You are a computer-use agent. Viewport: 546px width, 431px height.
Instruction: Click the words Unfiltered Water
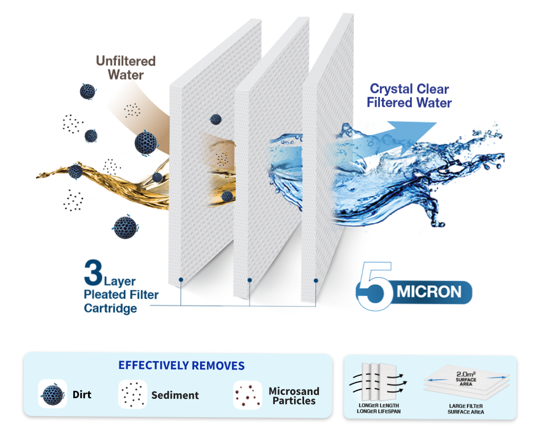point(125,67)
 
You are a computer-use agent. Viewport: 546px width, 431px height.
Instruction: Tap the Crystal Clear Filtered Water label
point(409,95)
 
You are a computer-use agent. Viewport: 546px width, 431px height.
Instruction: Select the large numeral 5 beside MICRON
point(376,286)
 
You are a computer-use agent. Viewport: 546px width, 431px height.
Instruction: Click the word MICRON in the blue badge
point(429,292)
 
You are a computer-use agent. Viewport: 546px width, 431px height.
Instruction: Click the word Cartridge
point(110,308)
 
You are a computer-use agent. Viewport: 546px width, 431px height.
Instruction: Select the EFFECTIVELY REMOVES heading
point(181,366)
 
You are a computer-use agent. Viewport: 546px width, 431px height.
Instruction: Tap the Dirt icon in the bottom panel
point(52,394)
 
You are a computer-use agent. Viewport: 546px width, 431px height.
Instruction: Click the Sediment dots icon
point(132,394)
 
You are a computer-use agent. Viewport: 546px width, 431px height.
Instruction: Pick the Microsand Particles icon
point(247,395)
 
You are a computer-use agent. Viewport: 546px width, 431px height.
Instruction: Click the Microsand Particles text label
point(294,396)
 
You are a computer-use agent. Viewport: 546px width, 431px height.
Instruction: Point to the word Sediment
point(175,395)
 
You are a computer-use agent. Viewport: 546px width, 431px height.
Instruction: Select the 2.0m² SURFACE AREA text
point(466,379)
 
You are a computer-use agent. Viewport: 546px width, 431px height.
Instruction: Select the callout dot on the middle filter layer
point(249,280)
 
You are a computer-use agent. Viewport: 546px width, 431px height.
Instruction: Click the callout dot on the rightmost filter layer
point(316,280)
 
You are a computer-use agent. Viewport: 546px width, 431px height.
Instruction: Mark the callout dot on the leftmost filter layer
point(181,279)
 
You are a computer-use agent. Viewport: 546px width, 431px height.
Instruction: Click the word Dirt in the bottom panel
point(82,395)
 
